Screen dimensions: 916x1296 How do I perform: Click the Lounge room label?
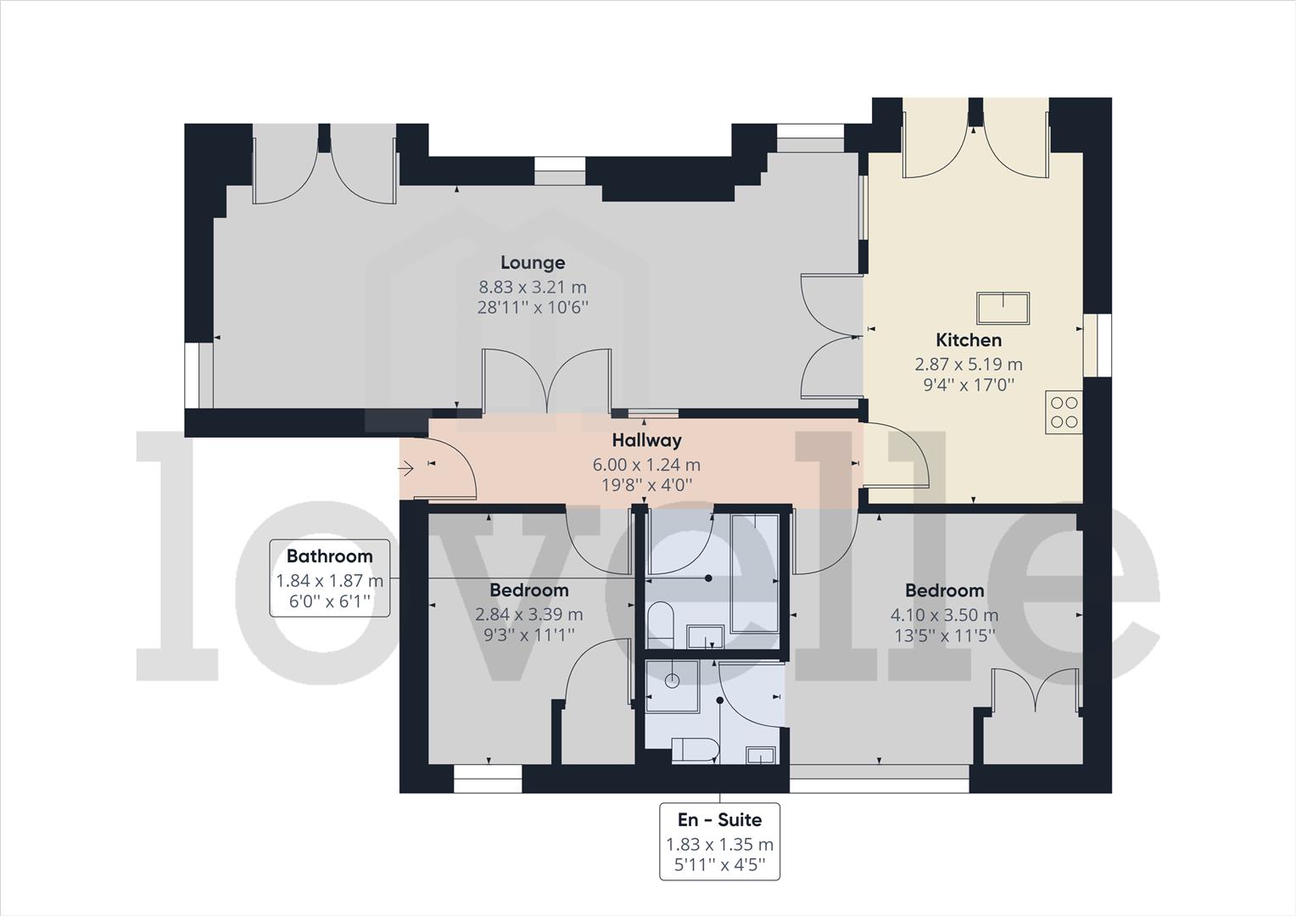coord(532,263)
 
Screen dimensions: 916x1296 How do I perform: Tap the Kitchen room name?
coord(968,340)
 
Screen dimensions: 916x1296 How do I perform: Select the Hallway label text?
coord(646,440)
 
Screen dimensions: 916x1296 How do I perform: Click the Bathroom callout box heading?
coord(329,556)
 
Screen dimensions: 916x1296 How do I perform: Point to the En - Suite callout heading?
coord(719,819)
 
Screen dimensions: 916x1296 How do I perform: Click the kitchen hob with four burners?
coord(1064,412)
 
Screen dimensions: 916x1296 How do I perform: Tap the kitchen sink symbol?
coord(1003,308)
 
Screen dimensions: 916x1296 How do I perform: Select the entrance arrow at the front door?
coord(406,467)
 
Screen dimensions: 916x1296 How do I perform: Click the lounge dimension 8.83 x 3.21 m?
coord(532,287)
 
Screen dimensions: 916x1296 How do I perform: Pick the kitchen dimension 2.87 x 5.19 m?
coord(968,364)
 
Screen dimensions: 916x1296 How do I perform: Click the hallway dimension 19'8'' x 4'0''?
coord(646,485)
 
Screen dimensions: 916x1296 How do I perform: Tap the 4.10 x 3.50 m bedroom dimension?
coord(944,615)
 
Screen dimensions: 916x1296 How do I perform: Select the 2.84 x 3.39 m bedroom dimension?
coord(528,615)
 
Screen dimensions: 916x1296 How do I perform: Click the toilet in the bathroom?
coord(660,625)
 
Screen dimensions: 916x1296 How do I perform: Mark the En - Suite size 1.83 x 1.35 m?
coord(719,845)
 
